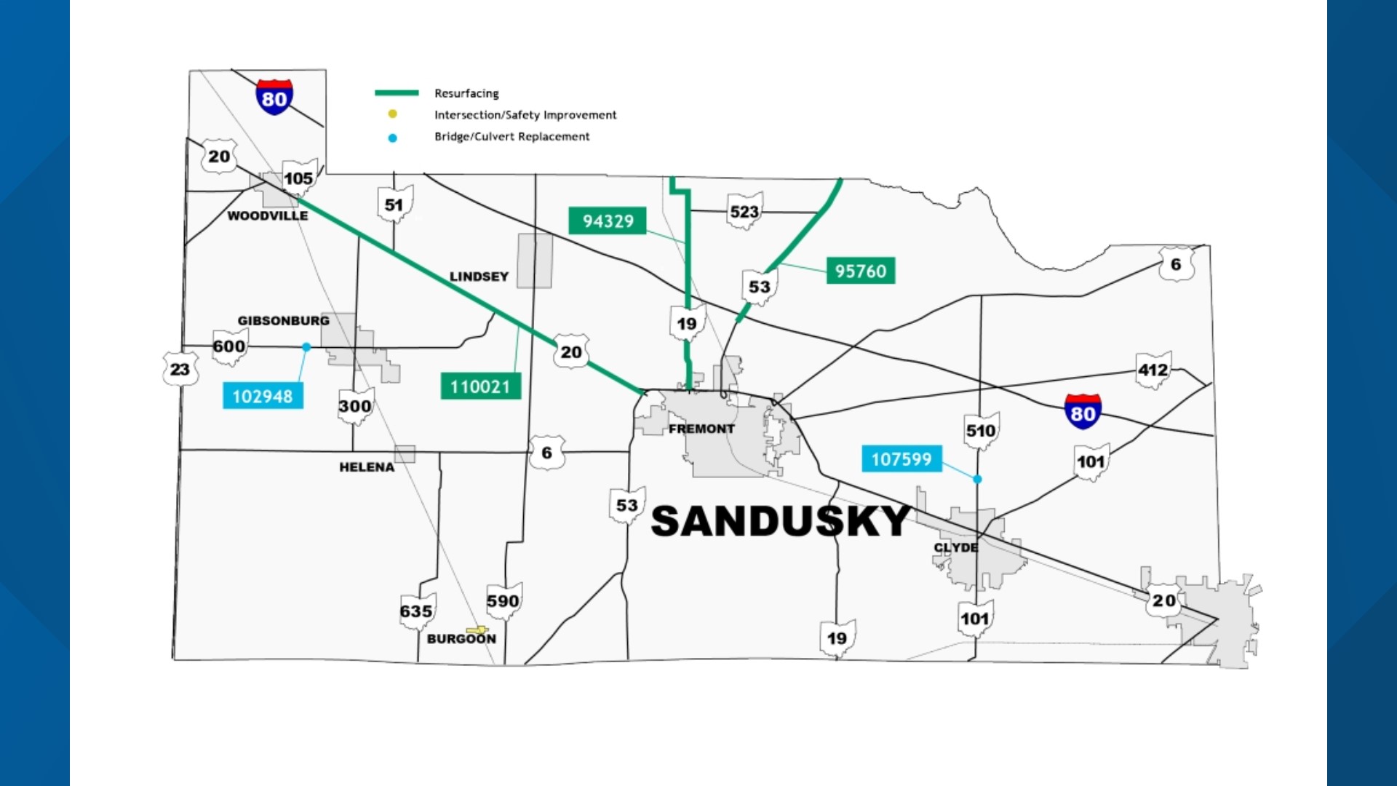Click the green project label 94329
tap(608, 221)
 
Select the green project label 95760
tap(861, 271)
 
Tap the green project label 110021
tap(480, 386)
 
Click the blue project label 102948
tap(263, 396)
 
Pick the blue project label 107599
tap(902, 458)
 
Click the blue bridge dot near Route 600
tap(306, 347)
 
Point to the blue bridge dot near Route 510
tap(977, 479)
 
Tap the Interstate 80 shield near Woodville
tap(274, 98)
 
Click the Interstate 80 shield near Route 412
tap(1083, 412)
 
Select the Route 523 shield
tap(744, 211)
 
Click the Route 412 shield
tap(1153, 370)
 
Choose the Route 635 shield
tap(416, 611)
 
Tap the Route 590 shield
tap(504, 600)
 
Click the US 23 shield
tap(180, 369)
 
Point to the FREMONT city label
tap(701, 429)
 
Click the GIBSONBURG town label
tap(283, 320)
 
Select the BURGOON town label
tap(461, 638)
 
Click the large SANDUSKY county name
tap(781, 521)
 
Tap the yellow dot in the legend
tap(392, 114)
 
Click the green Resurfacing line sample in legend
tap(397, 92)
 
